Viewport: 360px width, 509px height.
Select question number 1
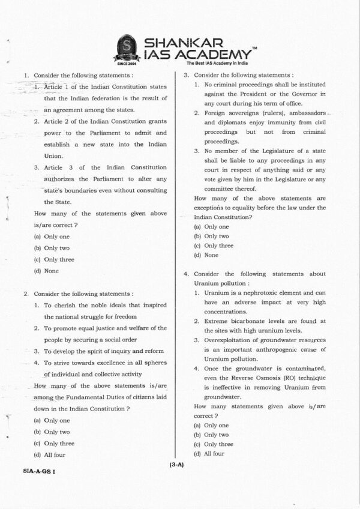tap(26, 76)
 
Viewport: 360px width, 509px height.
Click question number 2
tap(26, 294)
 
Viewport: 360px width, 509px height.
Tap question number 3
tap(187, 76)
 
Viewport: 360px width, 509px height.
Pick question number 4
tap(187, 274)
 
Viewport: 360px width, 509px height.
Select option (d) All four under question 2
tap(50, 455)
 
